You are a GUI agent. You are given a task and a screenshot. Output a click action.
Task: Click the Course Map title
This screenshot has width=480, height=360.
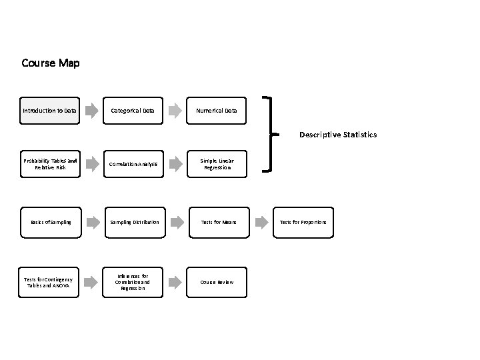[x=51, y=63]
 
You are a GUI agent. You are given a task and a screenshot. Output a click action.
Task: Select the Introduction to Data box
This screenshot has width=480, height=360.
[x=50, y=110]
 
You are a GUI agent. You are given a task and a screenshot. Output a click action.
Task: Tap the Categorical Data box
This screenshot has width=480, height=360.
[x=133, y=110]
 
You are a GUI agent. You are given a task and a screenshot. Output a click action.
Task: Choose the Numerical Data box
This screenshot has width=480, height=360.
[x=217, y=110]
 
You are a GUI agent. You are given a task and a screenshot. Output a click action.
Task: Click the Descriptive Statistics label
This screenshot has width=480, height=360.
[x=337, y=135]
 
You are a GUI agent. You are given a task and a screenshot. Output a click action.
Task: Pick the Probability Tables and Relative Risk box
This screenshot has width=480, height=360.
[x=50, y=164]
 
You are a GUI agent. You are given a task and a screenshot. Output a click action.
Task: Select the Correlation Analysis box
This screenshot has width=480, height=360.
[x=133, y=164]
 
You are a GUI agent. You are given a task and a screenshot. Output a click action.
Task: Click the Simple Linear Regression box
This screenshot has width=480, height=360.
[x=217, y=164]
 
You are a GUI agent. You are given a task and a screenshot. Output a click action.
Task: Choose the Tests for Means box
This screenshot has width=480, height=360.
[x=217, y=221]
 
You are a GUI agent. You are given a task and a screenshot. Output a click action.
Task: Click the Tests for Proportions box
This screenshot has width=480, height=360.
[x=303, y=221]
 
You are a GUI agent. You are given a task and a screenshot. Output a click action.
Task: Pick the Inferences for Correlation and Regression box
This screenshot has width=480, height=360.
[x=133, y=282]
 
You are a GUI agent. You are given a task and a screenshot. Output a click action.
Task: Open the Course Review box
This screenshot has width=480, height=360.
[x=217, y=282]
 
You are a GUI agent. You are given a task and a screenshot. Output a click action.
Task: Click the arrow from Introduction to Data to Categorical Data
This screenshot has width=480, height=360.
[x=91, y=110]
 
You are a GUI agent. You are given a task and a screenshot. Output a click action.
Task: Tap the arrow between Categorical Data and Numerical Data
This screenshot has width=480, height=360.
[x=175, y=110]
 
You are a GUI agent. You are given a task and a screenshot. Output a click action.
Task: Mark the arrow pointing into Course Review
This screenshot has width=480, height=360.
[x=175, y=282]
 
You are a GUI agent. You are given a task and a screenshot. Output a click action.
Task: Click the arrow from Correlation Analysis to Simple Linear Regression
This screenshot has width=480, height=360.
[x=175, y=164]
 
